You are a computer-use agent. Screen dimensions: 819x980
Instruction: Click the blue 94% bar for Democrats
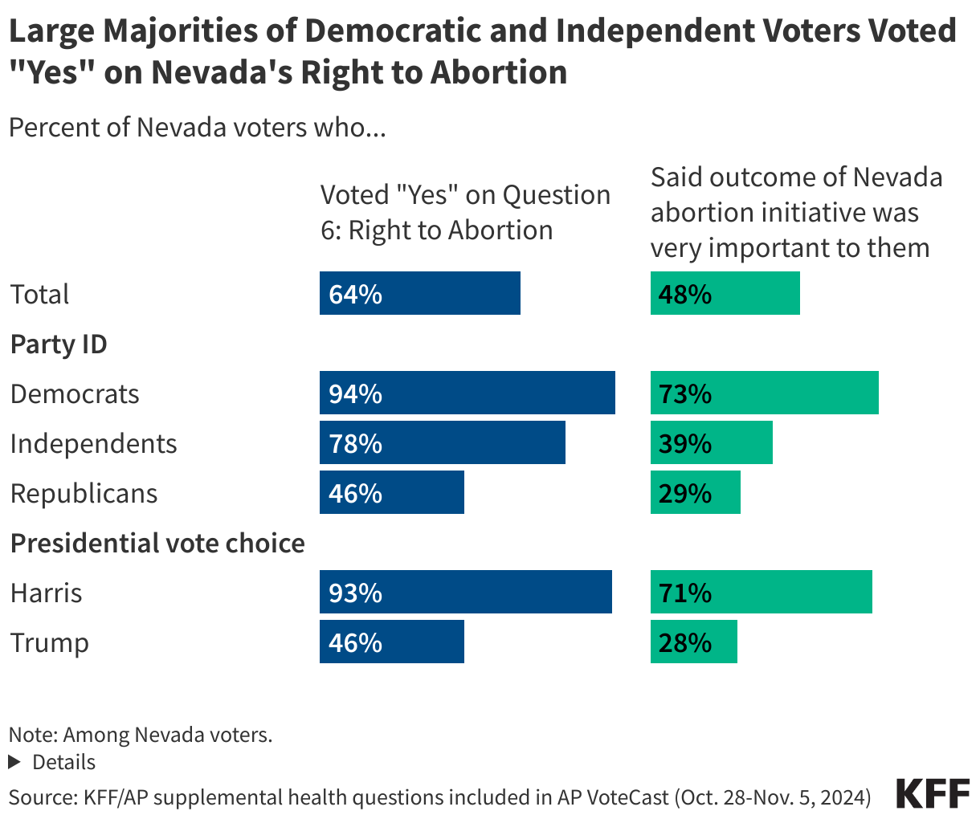467,393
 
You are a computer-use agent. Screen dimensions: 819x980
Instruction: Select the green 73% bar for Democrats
764,393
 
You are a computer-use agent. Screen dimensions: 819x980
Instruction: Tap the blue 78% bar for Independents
442,442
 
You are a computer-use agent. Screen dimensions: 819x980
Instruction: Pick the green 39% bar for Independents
711,442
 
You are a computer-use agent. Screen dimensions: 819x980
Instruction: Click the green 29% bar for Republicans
695,492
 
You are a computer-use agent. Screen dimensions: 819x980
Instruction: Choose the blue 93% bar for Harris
465,592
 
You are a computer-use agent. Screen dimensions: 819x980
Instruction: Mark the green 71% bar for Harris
761,592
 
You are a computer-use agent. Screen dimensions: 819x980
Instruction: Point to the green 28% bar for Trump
693,642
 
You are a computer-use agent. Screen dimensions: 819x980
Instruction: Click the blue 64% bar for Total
419,293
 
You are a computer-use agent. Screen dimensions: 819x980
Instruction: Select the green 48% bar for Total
725,293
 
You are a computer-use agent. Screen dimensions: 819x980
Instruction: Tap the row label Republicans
84,493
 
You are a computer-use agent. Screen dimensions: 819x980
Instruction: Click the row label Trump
49,642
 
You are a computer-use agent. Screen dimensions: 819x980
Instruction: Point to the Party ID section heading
59,344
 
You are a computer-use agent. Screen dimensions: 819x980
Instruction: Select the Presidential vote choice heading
157,543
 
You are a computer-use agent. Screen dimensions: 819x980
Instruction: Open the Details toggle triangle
14,761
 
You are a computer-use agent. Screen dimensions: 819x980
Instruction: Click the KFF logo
932,793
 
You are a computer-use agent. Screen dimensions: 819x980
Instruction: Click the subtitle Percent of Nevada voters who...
197,128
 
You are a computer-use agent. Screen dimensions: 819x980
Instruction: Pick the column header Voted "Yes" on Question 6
464,212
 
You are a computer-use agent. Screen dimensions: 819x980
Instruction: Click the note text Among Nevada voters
141,734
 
